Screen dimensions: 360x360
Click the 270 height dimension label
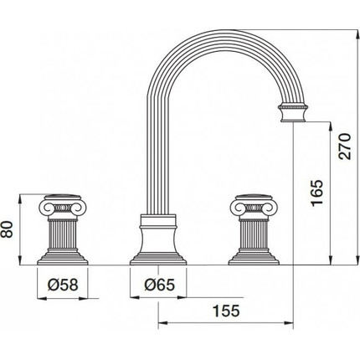(344, 147)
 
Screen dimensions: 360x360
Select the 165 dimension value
(316, 193)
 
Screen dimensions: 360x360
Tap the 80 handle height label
(7, 229)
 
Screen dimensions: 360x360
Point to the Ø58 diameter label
(63, 285)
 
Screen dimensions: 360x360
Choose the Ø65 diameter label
(160, 285)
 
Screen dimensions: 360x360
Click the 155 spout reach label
(226, 311)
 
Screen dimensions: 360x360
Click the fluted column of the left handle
(63, 234)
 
